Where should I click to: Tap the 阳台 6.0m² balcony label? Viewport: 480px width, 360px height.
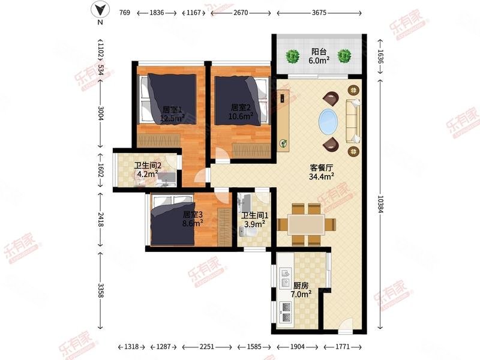(x=319, y=56)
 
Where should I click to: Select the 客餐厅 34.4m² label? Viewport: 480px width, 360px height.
(x=321, y=172)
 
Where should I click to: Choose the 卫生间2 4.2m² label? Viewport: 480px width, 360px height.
(x=146, y=170)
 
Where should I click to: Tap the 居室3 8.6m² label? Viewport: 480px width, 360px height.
(x=192, y=218)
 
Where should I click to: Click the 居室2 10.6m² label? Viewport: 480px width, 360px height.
(x=242, y=112)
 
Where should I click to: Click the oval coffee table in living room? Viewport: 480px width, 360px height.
(x=328, y=121)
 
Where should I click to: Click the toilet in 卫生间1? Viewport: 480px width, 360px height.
(x=245, y=232)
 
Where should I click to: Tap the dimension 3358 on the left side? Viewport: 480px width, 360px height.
(x=101, y=290)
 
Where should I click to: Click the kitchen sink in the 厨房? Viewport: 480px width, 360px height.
(x=285, y=275)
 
